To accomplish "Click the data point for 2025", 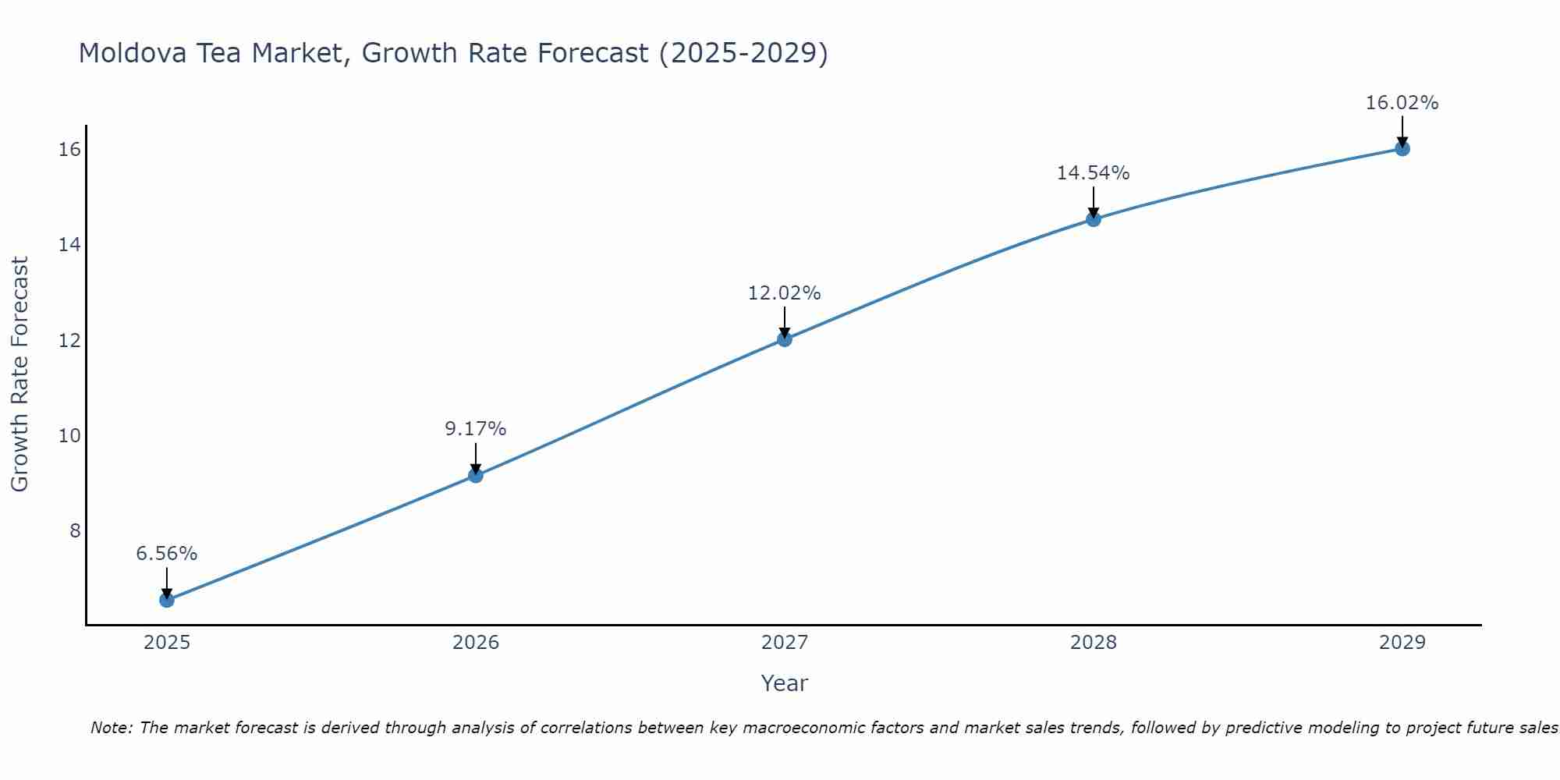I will [167, 600].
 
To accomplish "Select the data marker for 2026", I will [476, 475].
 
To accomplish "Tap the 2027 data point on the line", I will [785, 339].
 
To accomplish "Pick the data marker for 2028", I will [1094, 219].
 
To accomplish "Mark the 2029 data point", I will [1402, 148].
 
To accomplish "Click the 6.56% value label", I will [167, 554].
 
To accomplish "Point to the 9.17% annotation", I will [476, 429].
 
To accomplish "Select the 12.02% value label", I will [785, 293].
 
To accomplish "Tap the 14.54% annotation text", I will [1094, 173].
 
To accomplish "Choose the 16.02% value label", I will [1402, 103].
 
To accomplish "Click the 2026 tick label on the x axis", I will [476, 643].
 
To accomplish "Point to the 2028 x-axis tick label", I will [1094, 643].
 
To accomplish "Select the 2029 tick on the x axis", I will [1402, 643].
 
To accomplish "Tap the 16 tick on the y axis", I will [69, 149].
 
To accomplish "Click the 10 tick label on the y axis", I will [69, 435].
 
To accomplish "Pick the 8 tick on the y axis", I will [75, 530].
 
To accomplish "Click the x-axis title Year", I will [785, 683].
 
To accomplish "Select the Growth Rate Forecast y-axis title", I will [20, 374].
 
